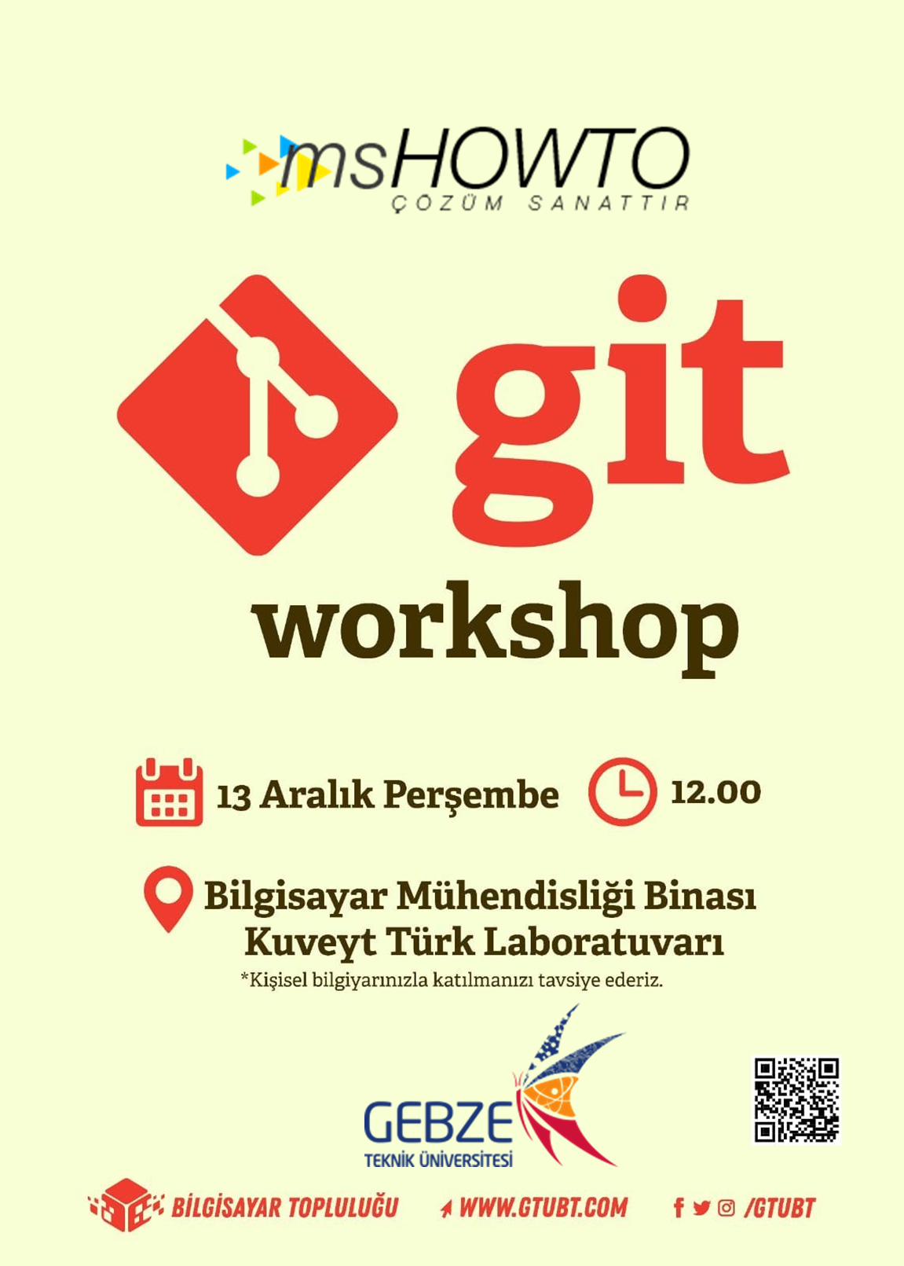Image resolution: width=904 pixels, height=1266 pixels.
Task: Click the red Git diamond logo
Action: coord(257,415)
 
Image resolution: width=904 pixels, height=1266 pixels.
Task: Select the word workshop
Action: coord(498,629)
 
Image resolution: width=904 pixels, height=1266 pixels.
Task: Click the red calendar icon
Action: coord(169,792)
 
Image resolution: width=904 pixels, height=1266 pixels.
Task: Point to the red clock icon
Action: coord(622,791)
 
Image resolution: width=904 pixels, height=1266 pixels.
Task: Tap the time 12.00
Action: coord(716,792)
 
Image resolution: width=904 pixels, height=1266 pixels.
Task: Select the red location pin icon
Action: coord(168,899)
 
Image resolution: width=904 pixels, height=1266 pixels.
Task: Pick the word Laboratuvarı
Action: coord(604,943)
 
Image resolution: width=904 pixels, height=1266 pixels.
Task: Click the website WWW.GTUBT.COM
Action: coord(543,1208)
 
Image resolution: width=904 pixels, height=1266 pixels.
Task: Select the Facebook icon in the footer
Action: coord(678,1209)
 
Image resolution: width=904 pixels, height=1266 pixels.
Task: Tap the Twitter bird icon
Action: coord(701,1209)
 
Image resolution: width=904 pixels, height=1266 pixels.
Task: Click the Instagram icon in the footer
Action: coord(726,1209)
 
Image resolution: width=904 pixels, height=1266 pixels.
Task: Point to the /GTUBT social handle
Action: coord(780,1208)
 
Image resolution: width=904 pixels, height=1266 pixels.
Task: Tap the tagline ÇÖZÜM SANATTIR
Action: coord(540,203)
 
